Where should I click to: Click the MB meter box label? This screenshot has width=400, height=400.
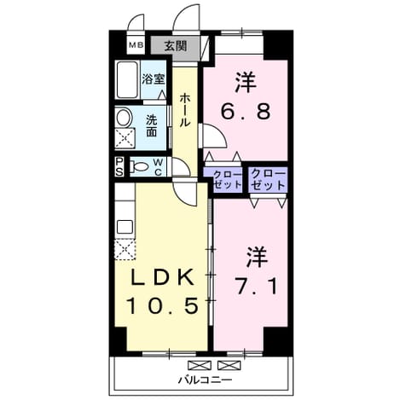[x=136, y=44]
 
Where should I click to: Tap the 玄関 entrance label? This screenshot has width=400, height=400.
[x=176, y=45]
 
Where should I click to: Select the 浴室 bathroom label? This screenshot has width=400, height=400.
[x=154, y=78]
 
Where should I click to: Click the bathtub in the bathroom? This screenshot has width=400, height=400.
[x=128, y=79]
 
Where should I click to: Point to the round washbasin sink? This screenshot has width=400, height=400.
[x=125, y=118]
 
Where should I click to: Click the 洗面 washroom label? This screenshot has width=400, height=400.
[x=152, y=126]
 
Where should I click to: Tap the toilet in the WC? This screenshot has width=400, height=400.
[x=139, y=167]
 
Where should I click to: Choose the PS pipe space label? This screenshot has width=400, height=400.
[x=119, y=166]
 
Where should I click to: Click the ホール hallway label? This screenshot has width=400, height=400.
[x=185, y=111]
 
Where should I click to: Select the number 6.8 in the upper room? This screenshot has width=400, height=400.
[x=246, y=111]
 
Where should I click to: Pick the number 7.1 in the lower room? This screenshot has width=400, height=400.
[x=257, y=287]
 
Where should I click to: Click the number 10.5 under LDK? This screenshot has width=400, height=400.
[x=163, y=305]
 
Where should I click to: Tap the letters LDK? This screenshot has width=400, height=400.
[x=162, y=277]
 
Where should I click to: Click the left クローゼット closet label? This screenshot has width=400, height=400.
[x=228, y=179]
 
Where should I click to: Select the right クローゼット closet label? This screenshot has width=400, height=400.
[x=268, y=179]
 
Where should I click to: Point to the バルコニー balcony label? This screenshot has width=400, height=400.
[x=205, y=380]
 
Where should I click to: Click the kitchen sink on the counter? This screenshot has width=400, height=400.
[x=125, y=228]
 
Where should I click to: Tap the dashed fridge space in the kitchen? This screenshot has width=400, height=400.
[x=125, y=250]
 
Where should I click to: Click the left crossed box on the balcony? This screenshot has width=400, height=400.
[x=200, y=365]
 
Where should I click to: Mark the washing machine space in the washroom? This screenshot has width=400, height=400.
[x=125, y=138]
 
